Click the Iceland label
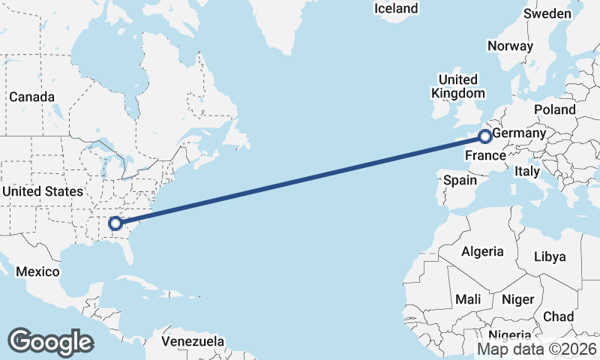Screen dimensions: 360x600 coord(396,8)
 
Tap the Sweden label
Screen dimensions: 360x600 coord(547,13)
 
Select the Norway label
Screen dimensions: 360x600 coord(510,46)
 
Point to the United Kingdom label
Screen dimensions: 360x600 coord(457,86)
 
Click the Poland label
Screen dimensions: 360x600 coord(555,109)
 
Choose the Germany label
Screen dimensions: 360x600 coord(518,133)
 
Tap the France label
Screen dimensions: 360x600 coord(484,155)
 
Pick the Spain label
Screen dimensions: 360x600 coord(460,180)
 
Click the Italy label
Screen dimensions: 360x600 coord(526,171)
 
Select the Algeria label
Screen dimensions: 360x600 coord(482,251)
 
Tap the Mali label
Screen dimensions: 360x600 coord(468,299)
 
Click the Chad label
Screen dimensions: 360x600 coord(559,316)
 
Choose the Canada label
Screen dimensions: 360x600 coord(31,97)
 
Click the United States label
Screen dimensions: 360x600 coord(42,191)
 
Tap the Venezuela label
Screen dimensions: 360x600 coord(193,341)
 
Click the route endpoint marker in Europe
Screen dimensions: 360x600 coord(485,136)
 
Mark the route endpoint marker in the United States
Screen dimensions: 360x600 coord(115,223)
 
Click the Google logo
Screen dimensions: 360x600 coord(50,341)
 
